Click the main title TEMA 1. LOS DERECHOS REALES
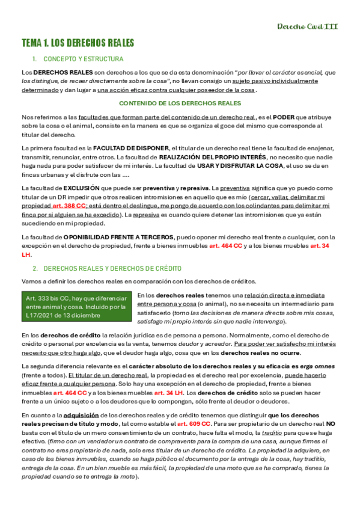click(78, 43)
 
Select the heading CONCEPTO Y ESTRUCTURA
click(84, 59)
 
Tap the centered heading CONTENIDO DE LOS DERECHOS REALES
click(180, 103)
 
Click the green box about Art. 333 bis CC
click(77, 307)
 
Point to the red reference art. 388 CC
click(70, 205)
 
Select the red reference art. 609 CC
click(194, 423)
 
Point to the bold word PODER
click(283, 118)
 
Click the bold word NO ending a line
click(331, 423)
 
